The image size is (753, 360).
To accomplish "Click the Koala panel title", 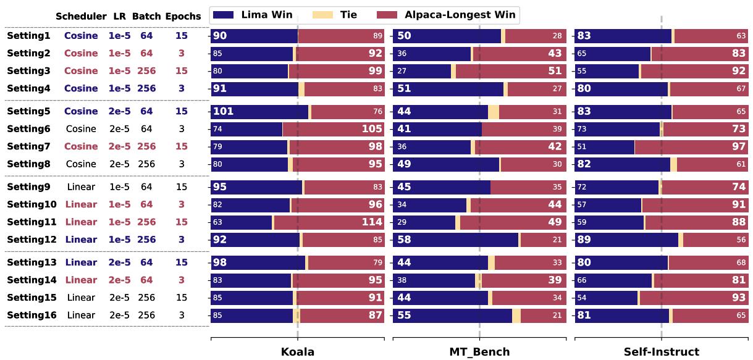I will (x=297, y=352).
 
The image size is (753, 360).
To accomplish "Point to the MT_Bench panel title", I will (x=479, y=352).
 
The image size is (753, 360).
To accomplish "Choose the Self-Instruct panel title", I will (x=661, y=352).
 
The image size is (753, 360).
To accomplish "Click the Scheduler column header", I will (x=81, y=17).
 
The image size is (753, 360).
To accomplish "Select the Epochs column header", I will (x=182, y=17).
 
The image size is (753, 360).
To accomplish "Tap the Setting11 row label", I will (x=32, y=222).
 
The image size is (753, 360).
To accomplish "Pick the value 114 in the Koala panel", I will (x=371, y=222).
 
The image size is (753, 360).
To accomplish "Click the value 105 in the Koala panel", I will (x=371, y=129).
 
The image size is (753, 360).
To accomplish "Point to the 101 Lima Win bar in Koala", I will (x=259, y=112).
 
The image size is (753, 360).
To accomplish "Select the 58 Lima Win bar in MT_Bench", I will (x=456, y=240).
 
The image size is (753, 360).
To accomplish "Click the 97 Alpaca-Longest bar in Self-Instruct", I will (x=691, y=146).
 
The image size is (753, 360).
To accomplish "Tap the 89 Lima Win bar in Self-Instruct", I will (x=626, y=240).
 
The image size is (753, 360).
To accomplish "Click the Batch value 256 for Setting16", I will (x=146, y=316).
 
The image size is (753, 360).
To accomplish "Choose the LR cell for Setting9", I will (x=120, y=187).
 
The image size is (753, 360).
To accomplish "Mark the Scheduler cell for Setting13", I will (x=81, y=262).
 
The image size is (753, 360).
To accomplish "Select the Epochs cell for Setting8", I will (x=181, y=164).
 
